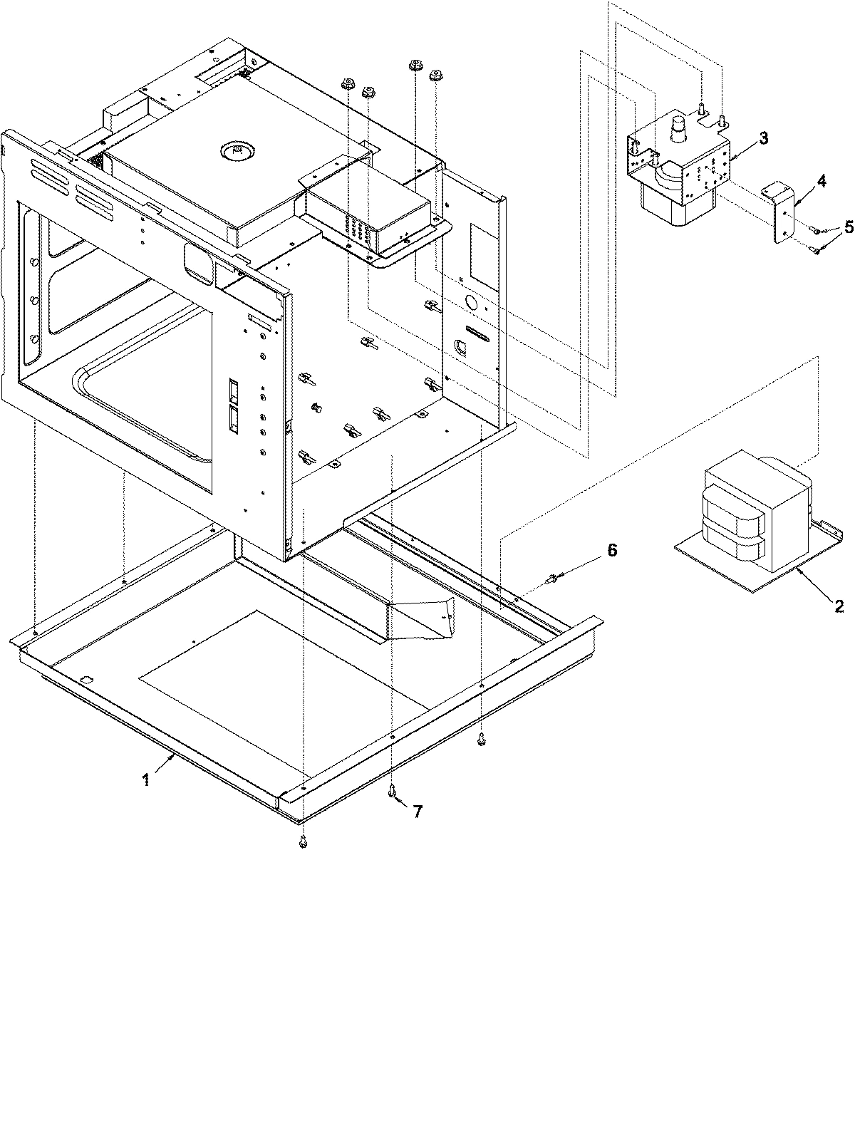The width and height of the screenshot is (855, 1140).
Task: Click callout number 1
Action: (x=145, y=780)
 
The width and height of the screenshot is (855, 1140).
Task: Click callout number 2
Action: (x=839, y=606)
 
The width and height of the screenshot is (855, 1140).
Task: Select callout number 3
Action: (x=762, y=139)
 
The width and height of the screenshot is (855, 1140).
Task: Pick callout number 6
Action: (x=612, y=551)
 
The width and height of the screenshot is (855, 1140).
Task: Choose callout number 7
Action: (x=418, y=812)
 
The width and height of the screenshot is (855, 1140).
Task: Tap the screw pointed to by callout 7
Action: (x=393, y=789)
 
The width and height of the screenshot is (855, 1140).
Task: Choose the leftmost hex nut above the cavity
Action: (x=347, y=85)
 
